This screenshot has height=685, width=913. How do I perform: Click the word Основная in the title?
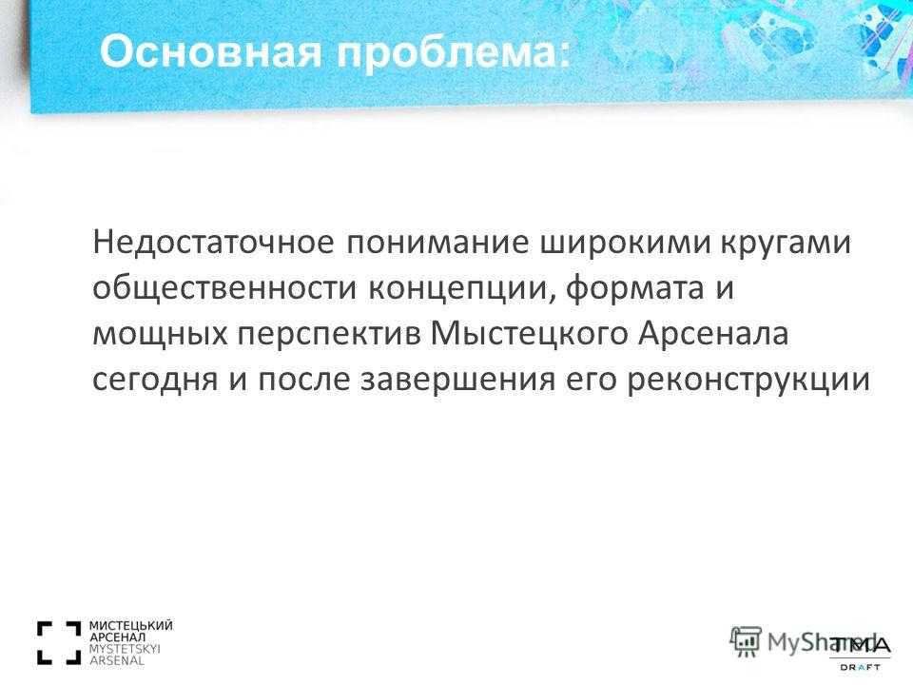tap(210, 51)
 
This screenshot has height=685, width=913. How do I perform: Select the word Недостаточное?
tap(214, 243)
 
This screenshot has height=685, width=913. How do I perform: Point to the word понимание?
tap(437, 243)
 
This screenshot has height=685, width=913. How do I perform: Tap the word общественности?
tap(224, 287)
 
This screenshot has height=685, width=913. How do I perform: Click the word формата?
tap(634, 288)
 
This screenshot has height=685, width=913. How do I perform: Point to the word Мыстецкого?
tap(530, 334)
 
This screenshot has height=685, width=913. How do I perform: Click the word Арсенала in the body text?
tap(713, 334)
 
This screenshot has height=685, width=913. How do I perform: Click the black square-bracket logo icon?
tap(59, 643)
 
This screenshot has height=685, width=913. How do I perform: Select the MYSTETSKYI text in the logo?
tap(125, 649)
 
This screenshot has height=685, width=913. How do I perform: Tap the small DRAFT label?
tap(860, 668)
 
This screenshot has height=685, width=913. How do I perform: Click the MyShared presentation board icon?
tap(746, 642)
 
